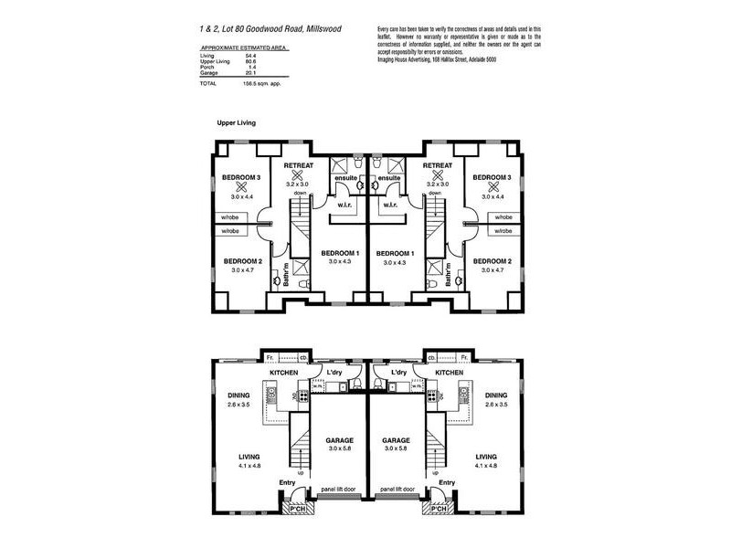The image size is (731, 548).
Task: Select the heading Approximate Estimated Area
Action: tap(242, 45)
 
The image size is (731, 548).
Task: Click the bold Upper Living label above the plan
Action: tap(236, 121)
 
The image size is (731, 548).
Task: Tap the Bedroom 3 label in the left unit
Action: tap(242, 177)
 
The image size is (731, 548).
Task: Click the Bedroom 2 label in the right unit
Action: tap(492, 261)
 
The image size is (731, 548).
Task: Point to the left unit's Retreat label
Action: tap(299, 165)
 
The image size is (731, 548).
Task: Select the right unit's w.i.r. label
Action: tap(390, 205)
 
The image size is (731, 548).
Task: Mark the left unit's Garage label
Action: tap(339, 439)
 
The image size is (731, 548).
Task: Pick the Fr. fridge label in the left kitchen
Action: tap(270, 357)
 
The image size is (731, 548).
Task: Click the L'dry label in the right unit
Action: tap(398, 374)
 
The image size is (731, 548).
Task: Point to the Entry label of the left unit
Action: tap(288, 482)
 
